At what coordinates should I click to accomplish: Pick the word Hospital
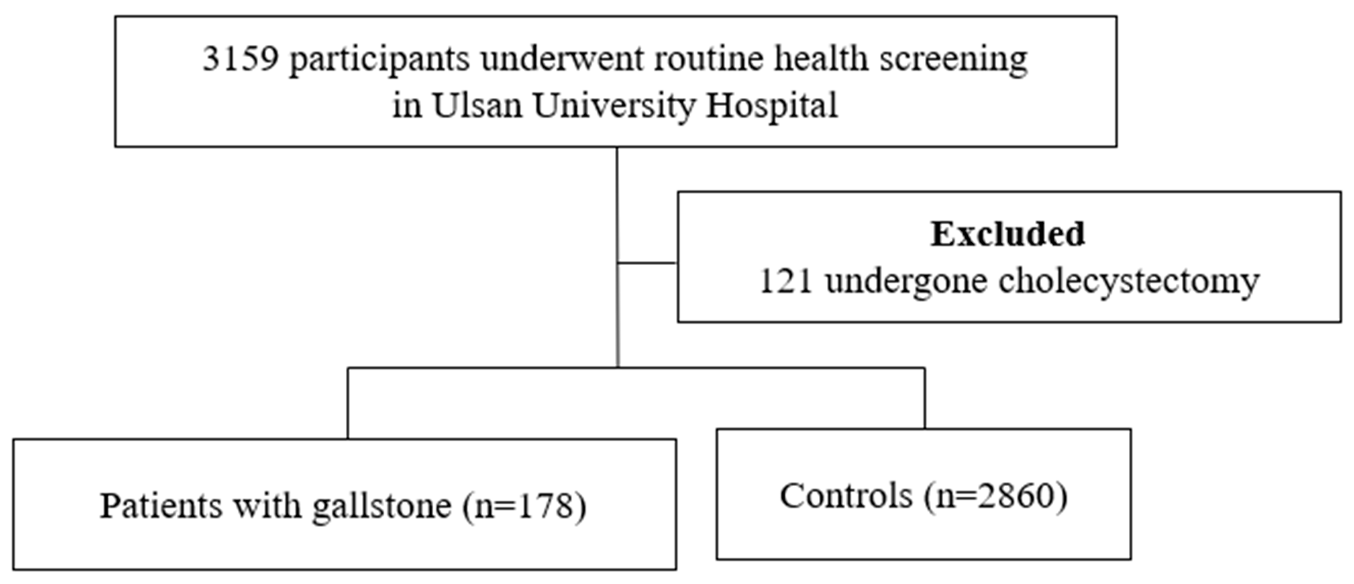(772, 106)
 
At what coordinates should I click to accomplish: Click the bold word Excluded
(1007, 234)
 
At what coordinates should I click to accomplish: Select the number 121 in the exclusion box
(787, 281)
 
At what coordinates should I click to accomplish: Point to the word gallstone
(382, 507)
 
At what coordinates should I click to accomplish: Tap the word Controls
(846, 496)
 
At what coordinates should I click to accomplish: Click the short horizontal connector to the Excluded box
(647, 263)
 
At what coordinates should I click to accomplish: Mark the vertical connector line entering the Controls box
(924, 400)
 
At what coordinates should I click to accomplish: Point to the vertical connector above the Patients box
(348, 405)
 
